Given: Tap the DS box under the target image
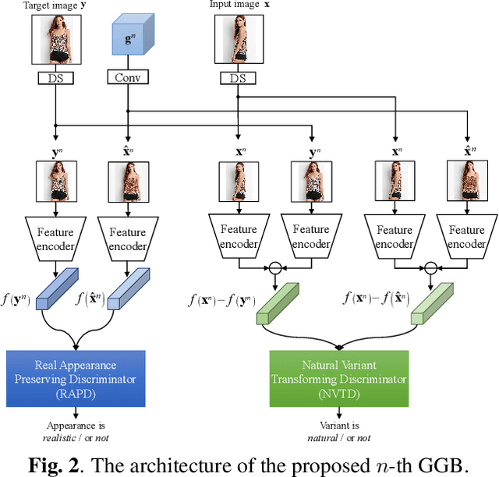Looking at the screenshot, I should tap(57, 78).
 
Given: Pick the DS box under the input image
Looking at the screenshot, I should tap(238, 78).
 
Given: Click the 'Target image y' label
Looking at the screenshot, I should tap(56, 5).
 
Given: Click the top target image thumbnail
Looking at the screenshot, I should tap(57, 41).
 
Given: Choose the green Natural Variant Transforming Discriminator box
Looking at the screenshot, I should tap(339, 380).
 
